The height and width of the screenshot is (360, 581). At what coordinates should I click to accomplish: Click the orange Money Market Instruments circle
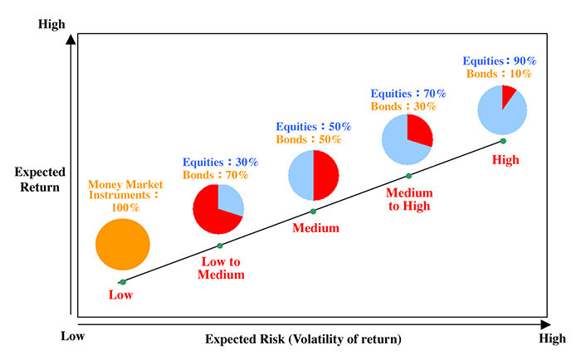[123, 245]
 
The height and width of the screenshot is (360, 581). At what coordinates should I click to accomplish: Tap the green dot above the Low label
[123, 282]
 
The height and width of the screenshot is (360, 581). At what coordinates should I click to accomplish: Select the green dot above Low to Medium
[220, 246]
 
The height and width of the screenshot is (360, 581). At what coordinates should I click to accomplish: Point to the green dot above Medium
[313, 212]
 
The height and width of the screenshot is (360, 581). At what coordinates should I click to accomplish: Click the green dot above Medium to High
[408, 176]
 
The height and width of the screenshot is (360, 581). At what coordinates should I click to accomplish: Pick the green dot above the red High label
[503, 141]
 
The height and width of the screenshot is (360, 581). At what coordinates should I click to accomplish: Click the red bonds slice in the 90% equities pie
[508, 95]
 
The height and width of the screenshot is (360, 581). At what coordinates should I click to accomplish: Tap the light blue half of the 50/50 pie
[300, 175]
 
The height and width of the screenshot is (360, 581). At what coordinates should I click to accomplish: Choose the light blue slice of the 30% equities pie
[230, 198]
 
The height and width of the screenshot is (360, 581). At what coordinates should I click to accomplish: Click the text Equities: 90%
[500, 61]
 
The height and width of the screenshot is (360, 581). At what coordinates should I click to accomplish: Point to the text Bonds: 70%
[215, 175]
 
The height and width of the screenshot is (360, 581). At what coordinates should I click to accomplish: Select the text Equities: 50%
[314, 127]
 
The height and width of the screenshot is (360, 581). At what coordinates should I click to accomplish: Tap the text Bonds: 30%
[403, 106]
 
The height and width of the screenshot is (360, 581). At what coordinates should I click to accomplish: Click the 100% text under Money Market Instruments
[125, 207]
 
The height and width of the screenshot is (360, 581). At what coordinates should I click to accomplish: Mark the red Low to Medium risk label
[221, 268]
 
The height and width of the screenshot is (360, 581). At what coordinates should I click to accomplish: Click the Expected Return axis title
[40, 180]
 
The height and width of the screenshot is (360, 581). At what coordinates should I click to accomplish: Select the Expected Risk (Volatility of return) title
[303, 339]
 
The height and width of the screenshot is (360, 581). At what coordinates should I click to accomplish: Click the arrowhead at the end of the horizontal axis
[546, 325]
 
